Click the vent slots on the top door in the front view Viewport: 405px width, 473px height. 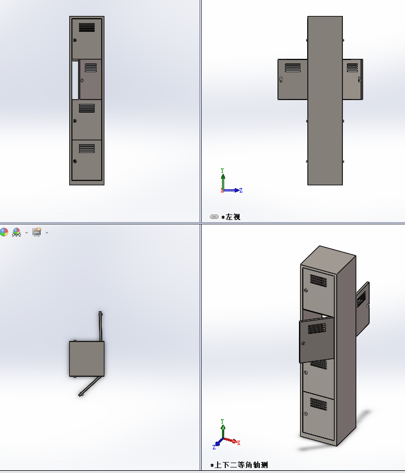87,28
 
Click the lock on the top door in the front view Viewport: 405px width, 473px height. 75,40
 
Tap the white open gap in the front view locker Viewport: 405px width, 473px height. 75,80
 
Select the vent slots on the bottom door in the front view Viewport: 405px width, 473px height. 87,148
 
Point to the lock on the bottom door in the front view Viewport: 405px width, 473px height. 75,161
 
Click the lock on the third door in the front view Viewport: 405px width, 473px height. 75,121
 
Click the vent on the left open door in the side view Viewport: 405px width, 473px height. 292,68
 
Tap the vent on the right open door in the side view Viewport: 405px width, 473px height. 352,68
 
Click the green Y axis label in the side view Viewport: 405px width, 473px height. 223,170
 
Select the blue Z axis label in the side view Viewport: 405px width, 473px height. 241,190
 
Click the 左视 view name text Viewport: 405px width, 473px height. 233,217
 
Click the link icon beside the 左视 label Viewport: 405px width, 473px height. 214,217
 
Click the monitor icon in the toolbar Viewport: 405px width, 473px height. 36,232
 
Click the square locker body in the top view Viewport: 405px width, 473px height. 87,359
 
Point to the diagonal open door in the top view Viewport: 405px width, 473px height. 90,386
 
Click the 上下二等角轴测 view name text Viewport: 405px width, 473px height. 241,465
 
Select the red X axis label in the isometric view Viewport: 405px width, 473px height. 238,443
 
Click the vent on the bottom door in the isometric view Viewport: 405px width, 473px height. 318,404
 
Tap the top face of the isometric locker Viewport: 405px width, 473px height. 328,256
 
